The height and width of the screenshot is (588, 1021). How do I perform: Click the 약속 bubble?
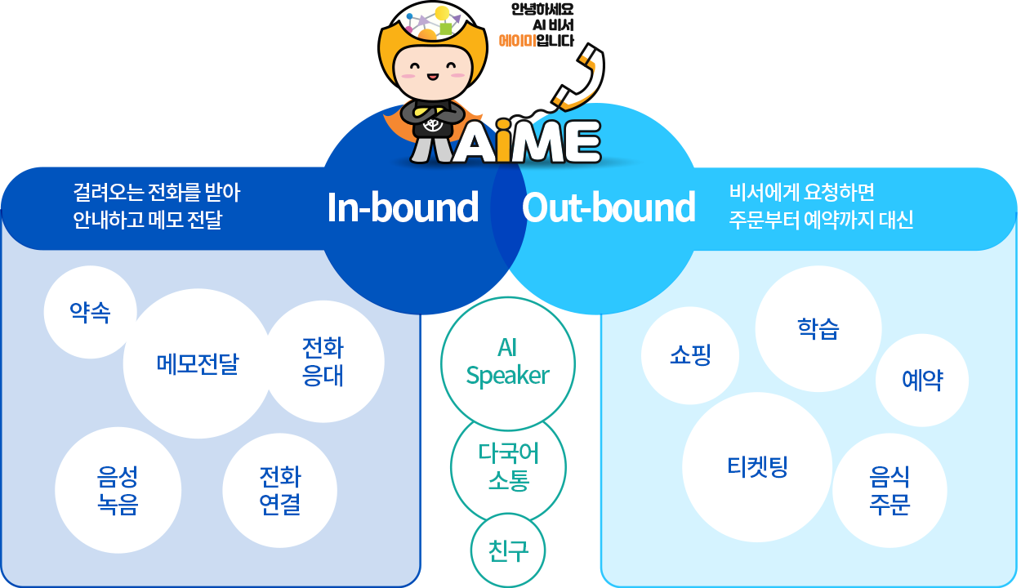click(90, 312)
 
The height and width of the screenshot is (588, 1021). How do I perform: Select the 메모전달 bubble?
click(198, 363)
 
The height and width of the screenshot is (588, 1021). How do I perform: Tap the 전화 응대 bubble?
click(323, 362)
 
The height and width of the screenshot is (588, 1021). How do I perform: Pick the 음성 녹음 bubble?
click(118, 490)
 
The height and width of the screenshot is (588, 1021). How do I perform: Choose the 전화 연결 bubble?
click(280, 491)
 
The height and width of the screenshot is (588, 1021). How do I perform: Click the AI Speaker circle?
click(508, 364)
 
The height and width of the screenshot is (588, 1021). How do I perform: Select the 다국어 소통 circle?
click(508, 467)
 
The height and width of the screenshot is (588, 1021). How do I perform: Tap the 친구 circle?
click(508, 550)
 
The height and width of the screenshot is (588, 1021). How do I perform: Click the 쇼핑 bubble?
click(690, 355)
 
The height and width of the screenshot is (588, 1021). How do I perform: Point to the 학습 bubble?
click(818, 328)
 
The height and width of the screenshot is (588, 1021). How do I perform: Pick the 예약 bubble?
click(922, 380)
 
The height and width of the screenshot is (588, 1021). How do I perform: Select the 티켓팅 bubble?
click(757, 467)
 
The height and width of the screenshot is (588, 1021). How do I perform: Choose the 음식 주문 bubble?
click(889, 491)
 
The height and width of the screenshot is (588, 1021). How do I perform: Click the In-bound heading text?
click(403, 208)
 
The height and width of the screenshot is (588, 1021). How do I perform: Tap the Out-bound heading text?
click(609, 208)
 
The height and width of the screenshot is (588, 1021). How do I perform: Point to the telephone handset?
click(578, 77)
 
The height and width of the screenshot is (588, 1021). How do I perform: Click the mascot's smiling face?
click(433, 73)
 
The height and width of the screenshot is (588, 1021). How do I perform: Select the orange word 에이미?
click(517, 41)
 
